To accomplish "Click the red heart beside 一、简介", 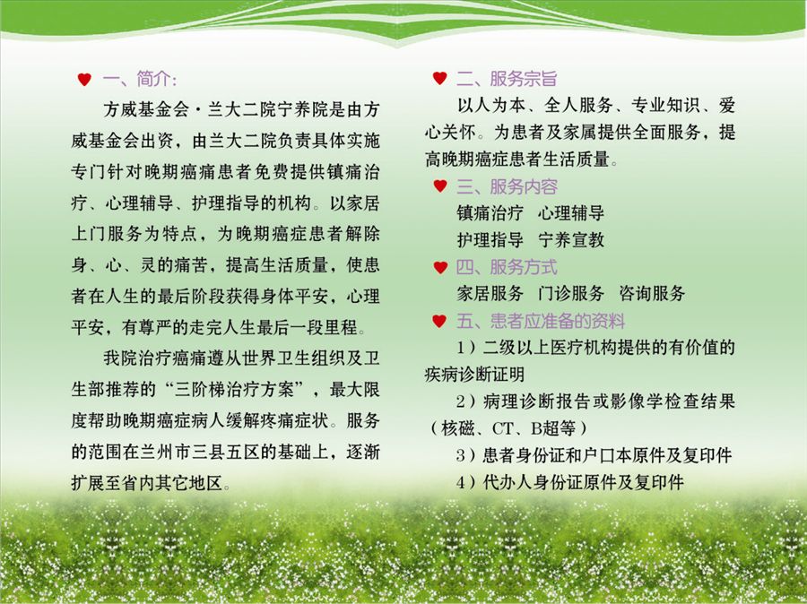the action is point(84,79).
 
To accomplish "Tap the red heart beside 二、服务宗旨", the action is point(439,78).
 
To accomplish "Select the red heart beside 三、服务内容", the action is point(440,186).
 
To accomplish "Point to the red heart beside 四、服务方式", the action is point(440,267).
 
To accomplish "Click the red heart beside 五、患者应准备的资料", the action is point(439,321).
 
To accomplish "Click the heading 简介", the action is point(153,79).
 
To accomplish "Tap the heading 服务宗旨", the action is point(524,78).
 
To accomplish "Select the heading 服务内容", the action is point(524,186).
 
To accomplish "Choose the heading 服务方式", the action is point(524,267).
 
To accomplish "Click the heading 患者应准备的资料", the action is point(558,321).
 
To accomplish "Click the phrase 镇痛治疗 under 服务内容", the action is point(490,213).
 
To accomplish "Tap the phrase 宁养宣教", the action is point(571,240).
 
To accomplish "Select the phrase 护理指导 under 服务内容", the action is point(490,240).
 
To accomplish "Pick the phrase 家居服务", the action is point(490,293).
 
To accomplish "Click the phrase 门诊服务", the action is point(571,293).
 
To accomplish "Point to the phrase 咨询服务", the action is point(652,293).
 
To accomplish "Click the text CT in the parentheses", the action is point(503,428).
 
